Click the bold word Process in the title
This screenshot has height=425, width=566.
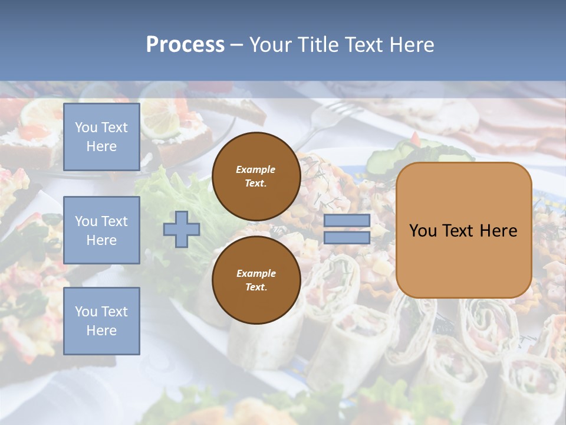(x=185, y=45)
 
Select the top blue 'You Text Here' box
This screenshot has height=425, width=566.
(x=101, y=137)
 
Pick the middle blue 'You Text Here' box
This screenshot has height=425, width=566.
(x=101, y=230)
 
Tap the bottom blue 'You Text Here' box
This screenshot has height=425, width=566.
(x=101, y=321)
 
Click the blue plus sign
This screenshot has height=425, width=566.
(x=182, y=230)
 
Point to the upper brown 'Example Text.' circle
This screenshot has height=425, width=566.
(x=256, y=176)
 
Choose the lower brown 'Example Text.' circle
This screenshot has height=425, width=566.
(x=256, y=280)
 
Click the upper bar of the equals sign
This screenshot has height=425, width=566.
(x=347, y=221)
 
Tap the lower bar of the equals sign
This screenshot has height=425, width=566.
(x=347, y=238)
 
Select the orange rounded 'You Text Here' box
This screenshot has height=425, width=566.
(x=463, y=230)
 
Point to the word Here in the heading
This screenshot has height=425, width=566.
(x=412, y=45)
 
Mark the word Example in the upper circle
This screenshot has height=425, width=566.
(x=256, y=169)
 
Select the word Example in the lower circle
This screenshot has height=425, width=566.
(x=256, y=273)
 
